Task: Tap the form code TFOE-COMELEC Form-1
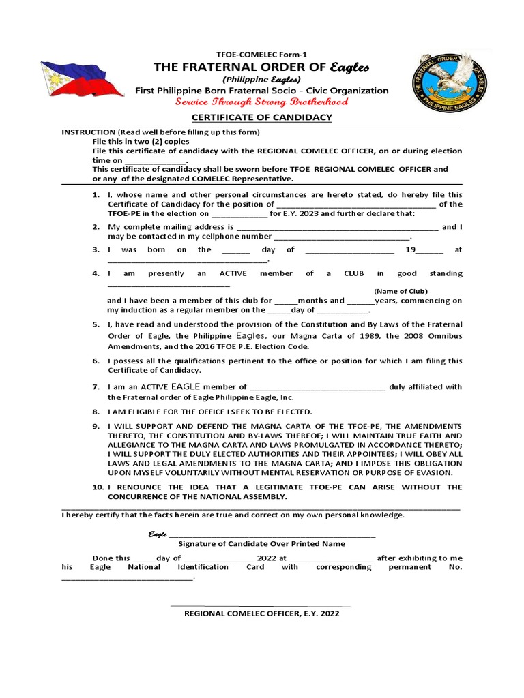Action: click(x=262, y=54)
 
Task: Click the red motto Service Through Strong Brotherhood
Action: click(x=262, y=102)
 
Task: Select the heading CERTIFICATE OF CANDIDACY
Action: click(x=261, y=117)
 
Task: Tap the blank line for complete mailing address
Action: click(x=338, y=227)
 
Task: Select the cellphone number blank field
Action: click(x=342, y=237)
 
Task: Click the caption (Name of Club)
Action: click(x=401, y=291)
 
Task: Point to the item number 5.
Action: click(x=96, y=324)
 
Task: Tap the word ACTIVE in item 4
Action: click(x=233, y=273)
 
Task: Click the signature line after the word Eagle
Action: click(x=272, y=534)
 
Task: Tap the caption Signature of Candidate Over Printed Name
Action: click(x=261, y=544)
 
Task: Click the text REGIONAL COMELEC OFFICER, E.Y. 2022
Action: click(x=261, y=613)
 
